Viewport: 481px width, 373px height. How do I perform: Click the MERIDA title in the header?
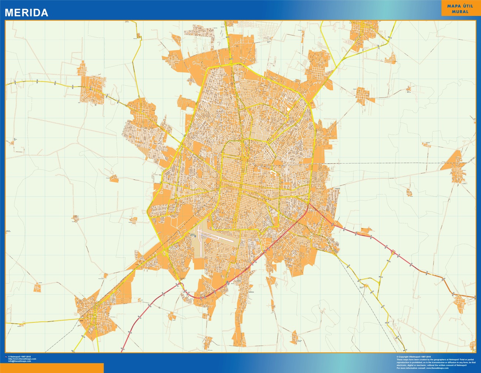click(26, 13)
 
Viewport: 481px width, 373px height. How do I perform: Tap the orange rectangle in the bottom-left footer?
click(52, 368)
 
